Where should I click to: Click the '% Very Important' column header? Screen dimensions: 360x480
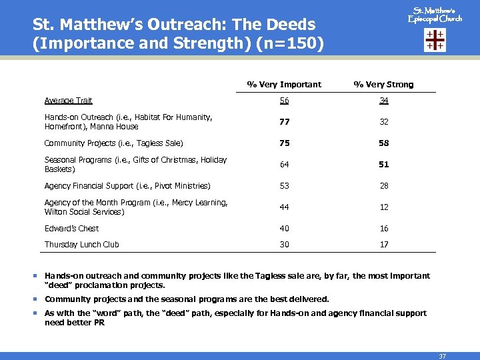(x=284, y=85)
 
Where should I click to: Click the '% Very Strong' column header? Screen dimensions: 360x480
(x=383, y=85)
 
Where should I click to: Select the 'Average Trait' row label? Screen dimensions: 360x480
(x=68, y=101)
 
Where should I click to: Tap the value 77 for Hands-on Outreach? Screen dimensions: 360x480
(x=285, y=122)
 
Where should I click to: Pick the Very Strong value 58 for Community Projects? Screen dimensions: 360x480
(x=384, y=143)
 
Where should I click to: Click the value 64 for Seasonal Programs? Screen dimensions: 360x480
(x=285, y=165)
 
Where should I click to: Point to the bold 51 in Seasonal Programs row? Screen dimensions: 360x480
(x=384, y=165)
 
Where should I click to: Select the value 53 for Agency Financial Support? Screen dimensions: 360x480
(x=285, y=186)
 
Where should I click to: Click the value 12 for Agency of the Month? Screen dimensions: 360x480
(x=384, y=207)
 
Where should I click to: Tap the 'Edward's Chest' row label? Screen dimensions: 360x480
(x=71, y=229)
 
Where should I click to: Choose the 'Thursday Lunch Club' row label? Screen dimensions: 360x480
(x=81, y=245)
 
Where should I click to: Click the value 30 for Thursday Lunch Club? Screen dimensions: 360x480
(x=285, y=245)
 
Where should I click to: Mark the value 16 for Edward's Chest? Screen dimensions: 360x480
(x=384, y=229)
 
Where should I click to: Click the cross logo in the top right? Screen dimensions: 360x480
(x=435, y=40)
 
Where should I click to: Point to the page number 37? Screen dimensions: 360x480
(x=442, y=356)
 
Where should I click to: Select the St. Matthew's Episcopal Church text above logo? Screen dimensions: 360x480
(x=435, y=14)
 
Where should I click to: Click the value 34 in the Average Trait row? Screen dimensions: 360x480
(x=384, y=101)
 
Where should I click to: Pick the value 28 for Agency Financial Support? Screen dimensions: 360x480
(x=384, y=186)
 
